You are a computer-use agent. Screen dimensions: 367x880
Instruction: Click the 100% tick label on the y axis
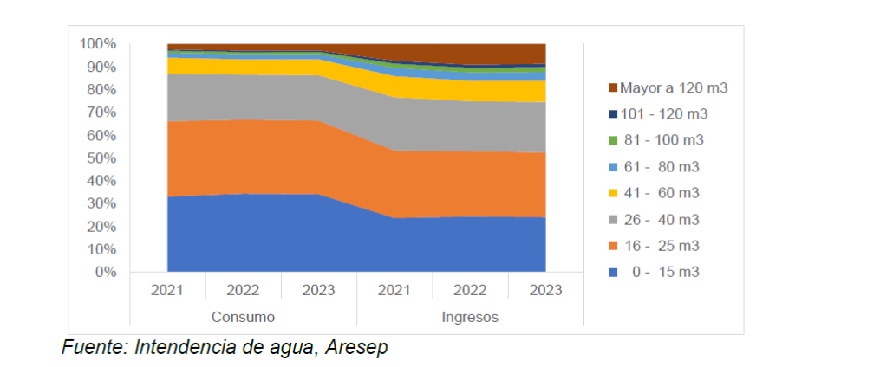coord(98,43)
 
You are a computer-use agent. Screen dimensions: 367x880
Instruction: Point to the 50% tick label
coord(101,158)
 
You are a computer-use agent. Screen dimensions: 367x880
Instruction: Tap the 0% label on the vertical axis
coord(105,272)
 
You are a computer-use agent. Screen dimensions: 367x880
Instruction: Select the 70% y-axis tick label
coord(101,113)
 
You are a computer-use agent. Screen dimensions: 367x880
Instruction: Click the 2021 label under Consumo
coord(167,290)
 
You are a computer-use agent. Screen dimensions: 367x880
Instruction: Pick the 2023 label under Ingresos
coord(545,290)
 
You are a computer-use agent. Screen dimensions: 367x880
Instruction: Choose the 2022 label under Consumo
coord(243,290)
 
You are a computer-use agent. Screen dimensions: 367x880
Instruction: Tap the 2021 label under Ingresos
coord(394,290)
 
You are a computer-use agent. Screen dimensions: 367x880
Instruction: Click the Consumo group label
coord(243,317)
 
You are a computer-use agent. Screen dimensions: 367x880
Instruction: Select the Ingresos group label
coord(470,317)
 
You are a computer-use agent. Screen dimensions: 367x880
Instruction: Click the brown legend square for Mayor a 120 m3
coord(613,88)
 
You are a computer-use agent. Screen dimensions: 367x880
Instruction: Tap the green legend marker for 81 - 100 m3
coord(613,140)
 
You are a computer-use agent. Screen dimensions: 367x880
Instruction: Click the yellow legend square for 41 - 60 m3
coord(613,193)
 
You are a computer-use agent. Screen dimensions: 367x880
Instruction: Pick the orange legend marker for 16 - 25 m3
coord(613,246)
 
